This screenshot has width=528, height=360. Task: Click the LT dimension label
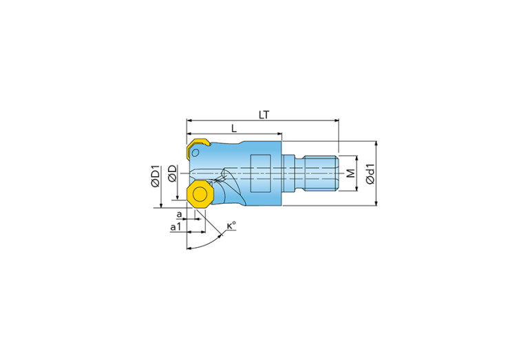click(x=264, y=115)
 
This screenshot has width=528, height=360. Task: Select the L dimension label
click(x=234, y=128)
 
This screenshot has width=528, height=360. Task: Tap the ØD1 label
click(x=156, y=176)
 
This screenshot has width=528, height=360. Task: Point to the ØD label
click(x=173, y=173)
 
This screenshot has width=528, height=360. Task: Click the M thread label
click(x=351, y=173)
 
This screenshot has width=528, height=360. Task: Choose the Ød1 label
click(x=370, y=173)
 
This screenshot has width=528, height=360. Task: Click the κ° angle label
click(x=231, y=225)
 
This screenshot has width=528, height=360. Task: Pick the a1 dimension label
click(x=176, y=226)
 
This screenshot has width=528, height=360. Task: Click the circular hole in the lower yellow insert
click(x=200, y=195)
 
